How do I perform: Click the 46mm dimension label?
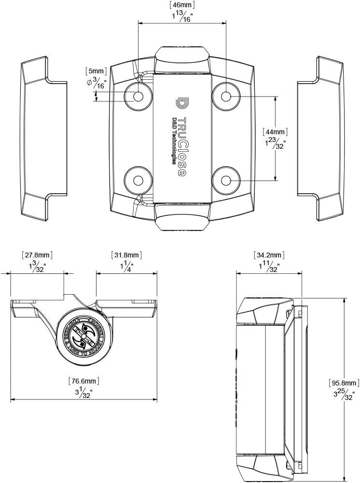coord(182,5)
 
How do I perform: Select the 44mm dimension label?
coord(275,131)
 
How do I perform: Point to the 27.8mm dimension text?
coord(37,255)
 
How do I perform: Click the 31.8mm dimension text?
coord(127,255)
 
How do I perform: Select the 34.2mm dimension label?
coord(269,255)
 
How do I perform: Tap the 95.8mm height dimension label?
coord(344,383)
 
